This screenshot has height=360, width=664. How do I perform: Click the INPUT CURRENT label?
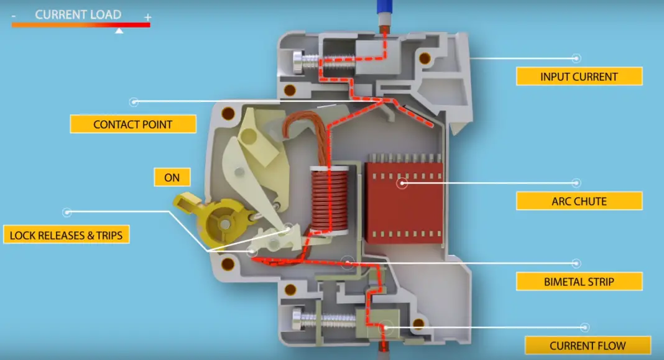579,77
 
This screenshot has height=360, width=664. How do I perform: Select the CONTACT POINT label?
133,124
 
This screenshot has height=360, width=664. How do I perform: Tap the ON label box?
172,178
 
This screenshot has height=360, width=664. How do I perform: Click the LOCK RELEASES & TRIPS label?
67,235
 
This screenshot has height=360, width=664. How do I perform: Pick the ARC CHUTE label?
579,201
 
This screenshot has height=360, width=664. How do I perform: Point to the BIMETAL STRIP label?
579,282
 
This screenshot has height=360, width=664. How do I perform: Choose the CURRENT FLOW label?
588,346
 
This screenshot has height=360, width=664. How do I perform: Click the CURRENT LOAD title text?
78,14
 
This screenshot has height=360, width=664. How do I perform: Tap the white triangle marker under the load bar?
119,30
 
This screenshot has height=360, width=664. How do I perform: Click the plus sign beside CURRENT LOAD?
147,17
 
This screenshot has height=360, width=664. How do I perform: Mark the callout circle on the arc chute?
402,183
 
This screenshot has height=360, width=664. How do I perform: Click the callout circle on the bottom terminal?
387,325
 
